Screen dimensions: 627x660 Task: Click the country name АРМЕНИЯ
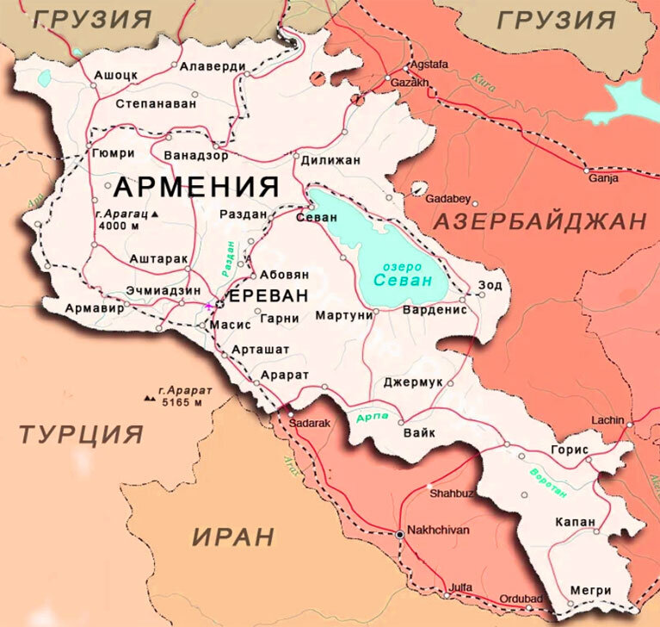[196, 186]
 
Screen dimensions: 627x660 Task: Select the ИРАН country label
[233, 537]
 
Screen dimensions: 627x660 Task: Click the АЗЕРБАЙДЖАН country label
[540, 221]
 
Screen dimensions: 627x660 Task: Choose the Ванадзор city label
[195, 156]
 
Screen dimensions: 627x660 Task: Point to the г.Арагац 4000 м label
[129, 220]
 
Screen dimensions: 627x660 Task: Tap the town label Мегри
[590, 590]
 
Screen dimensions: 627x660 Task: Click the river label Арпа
[373, 418]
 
